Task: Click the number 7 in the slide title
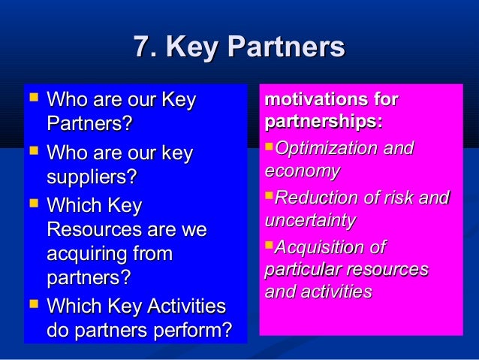click(x=140, y=49)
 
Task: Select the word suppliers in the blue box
click(x=89, y=179)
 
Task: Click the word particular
click(x=299, y=269)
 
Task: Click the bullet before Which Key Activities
click(x=32, y=304)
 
